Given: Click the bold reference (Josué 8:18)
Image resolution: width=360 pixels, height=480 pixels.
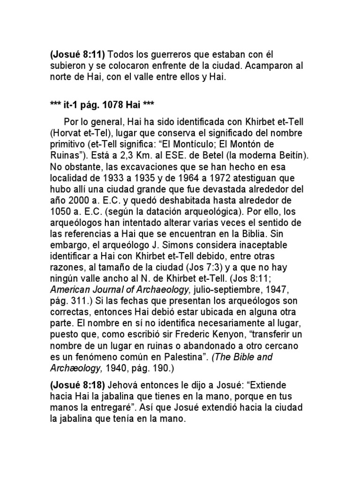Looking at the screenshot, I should [78, 386].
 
